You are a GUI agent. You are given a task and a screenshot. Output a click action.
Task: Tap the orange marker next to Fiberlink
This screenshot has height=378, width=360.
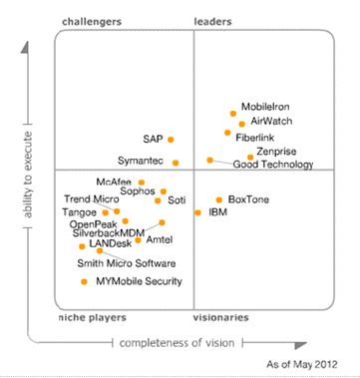point(227,133)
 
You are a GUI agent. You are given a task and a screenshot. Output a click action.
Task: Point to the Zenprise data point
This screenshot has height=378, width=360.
point(250,157)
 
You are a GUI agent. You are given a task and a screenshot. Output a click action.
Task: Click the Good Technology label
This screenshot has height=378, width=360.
point(272,165)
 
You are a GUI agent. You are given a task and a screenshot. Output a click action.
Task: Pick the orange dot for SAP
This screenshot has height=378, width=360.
point(171,140)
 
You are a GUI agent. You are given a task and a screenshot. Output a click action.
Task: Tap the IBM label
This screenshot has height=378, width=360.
point(217,212)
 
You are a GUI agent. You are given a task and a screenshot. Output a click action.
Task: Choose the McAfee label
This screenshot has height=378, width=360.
point(114,182)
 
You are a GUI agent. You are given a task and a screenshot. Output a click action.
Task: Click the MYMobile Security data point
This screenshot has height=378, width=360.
point(84,282)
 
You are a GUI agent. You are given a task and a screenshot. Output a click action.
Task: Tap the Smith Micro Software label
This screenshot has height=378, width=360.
point(127,263)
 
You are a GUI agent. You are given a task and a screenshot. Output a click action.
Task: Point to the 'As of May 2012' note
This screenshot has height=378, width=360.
point(304,366)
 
